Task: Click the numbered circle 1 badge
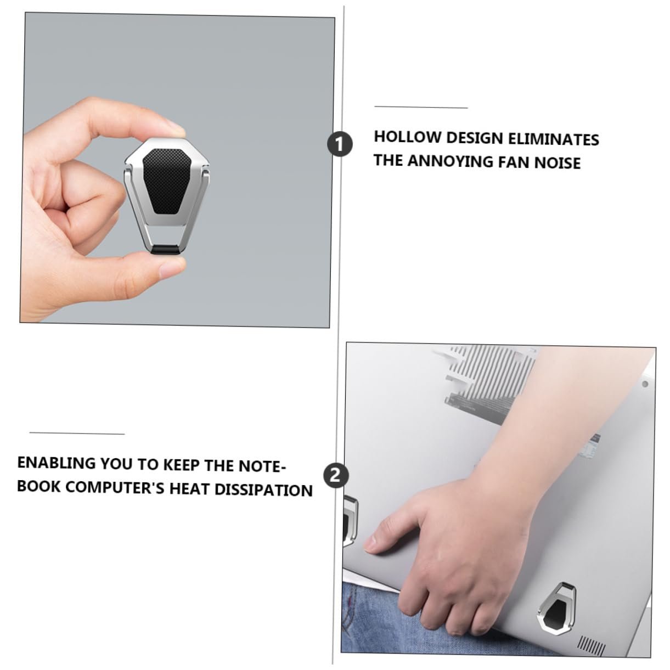tap(340, 144)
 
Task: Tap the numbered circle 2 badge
tap(336, 475)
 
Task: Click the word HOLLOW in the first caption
tap(407, 137)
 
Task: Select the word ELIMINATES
tap(554, 139)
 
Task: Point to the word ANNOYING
tap(450, 161)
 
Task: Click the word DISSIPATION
tap(263, 490)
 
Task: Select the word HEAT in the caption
tap(189, 488)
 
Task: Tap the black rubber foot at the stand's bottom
tap(167, 250)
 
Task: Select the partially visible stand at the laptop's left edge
tap(350, 521)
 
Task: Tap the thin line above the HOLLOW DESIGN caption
tap(421, 107)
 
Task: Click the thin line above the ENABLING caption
tap(77, 433)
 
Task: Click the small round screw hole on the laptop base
tap(645, 384)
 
